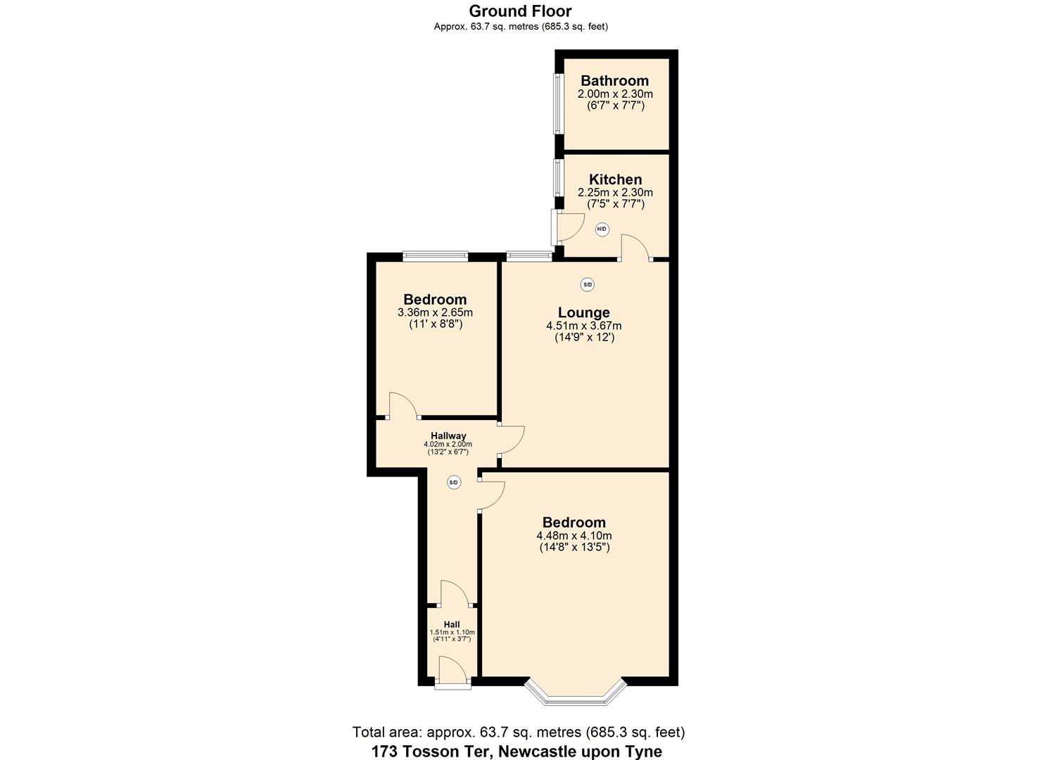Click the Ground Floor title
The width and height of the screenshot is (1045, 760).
click(x=520, y=11)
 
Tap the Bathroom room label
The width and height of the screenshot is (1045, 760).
click(x=614, y=81)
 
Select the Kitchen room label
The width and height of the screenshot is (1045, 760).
click(x=615, y=179)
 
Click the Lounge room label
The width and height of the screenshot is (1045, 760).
click(x=583, y=312)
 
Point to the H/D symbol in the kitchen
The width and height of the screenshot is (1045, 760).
click(x=602, y=229)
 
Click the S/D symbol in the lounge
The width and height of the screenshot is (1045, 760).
click(x=587, y=285)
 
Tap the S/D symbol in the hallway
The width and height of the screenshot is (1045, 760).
click(x=454, y=483)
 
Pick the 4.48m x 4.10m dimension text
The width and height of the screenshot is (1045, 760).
click(x=574, y=536)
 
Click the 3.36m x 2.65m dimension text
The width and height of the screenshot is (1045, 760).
click(x=435, y=312)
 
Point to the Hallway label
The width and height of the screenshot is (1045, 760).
click(x=448, y=436)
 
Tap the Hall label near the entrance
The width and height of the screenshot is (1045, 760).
click(x=452, y=624)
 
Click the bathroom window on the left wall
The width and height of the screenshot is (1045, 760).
click(x=557, y=104)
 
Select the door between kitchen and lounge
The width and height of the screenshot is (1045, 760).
click(x=635, y=249)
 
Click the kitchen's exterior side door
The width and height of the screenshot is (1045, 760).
click(x=566, y=225)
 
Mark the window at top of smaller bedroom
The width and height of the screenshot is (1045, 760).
click(x=435, y=257)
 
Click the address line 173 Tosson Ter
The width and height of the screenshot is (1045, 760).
click(x=517, y=751)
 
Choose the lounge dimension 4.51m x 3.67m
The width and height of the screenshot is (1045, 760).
click(x=583, y=326)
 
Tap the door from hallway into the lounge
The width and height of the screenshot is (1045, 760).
click(x=511, y=441)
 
